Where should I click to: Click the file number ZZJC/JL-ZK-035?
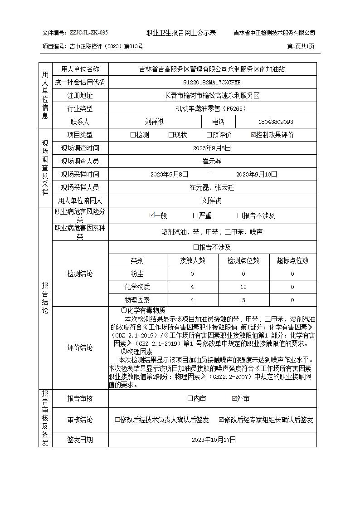[x=88, y=33]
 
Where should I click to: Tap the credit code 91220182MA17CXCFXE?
[x=212, y=83]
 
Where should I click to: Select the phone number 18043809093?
[x=276, y=122]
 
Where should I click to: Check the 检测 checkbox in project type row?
[x=133, y=135]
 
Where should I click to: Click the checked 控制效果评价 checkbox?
[x=253, y=135]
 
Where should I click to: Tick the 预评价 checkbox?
[x=209, y=135]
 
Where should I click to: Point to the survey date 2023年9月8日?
[x=212, y=148]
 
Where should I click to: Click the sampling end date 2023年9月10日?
[x=257, y=174]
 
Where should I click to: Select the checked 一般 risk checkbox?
[x=152, y=216]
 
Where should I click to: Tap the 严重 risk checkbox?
[x=195, y=216]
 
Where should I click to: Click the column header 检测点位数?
[x=243, y=260]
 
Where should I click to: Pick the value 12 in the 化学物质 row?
[x=243, y=287]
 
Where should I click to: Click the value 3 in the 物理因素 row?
[x=243, y=300]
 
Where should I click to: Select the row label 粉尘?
[x=137, y=274]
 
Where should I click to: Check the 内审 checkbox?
[x=190, y=398]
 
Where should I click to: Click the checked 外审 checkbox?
[x=234, y=398]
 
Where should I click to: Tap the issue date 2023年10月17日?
[x=212, y=440]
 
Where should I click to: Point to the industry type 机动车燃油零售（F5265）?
[x=212, y=109]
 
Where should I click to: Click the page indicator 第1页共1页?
[x=301, y=46]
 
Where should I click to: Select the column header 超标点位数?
[x=292, y=260]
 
